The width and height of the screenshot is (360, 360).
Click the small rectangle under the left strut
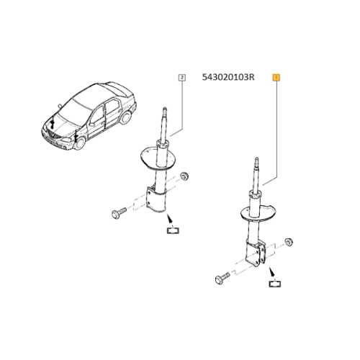coord(172,230)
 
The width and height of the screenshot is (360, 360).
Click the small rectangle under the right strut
coord(275,285)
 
